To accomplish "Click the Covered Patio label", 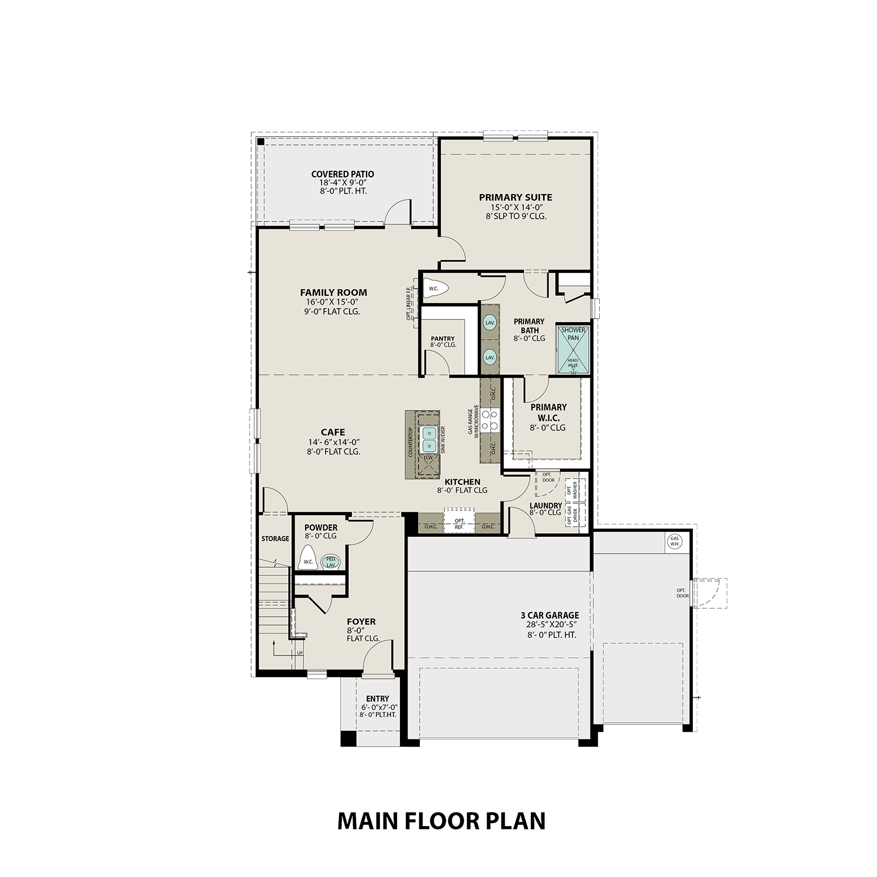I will (342, 174).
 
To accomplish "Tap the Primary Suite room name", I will (515, 198).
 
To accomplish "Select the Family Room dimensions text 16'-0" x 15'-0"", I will (333, 302).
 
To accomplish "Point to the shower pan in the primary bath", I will (572, 349).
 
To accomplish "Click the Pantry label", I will (443, 339).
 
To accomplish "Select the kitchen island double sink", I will (430, 438).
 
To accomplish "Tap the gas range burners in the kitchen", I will (489, 420).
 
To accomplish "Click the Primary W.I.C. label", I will (548, 412).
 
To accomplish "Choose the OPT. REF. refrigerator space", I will (459, 524).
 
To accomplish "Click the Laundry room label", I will (545, 506).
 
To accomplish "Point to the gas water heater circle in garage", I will (675, 541).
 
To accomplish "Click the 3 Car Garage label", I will (550, 615).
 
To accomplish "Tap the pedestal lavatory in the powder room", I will (331, 562).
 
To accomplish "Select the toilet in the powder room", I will (308, 558).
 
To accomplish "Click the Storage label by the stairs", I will (275, 538).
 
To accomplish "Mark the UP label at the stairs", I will (300, 653).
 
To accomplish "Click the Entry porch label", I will (377, 699).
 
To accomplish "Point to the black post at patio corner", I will (261, 141).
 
